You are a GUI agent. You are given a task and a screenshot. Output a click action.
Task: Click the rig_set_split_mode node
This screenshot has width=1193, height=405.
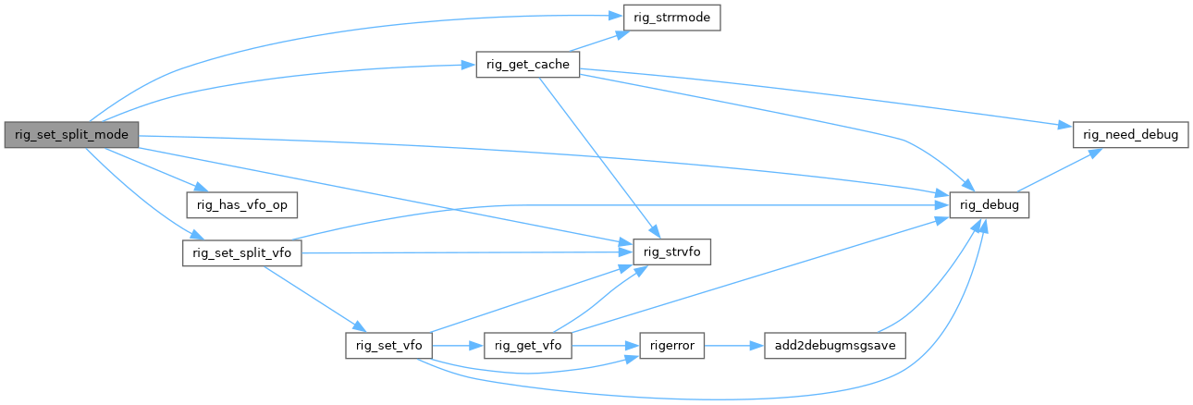pos(72,135)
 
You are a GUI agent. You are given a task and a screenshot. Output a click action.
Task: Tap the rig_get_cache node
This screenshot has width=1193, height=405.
pos(528,64)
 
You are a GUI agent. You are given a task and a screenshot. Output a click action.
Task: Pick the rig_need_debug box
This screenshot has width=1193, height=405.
pos(1129,135)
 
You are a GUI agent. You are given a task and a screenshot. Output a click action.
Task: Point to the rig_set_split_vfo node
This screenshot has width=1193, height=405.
pos(242,252)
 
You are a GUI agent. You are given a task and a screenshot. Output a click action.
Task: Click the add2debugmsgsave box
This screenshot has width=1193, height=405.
pos(833,346)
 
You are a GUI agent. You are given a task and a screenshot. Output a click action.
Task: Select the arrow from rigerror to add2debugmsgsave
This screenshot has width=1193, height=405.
pos(734,346)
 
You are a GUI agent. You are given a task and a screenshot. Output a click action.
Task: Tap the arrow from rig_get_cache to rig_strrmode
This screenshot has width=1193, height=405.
pos(597,42)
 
